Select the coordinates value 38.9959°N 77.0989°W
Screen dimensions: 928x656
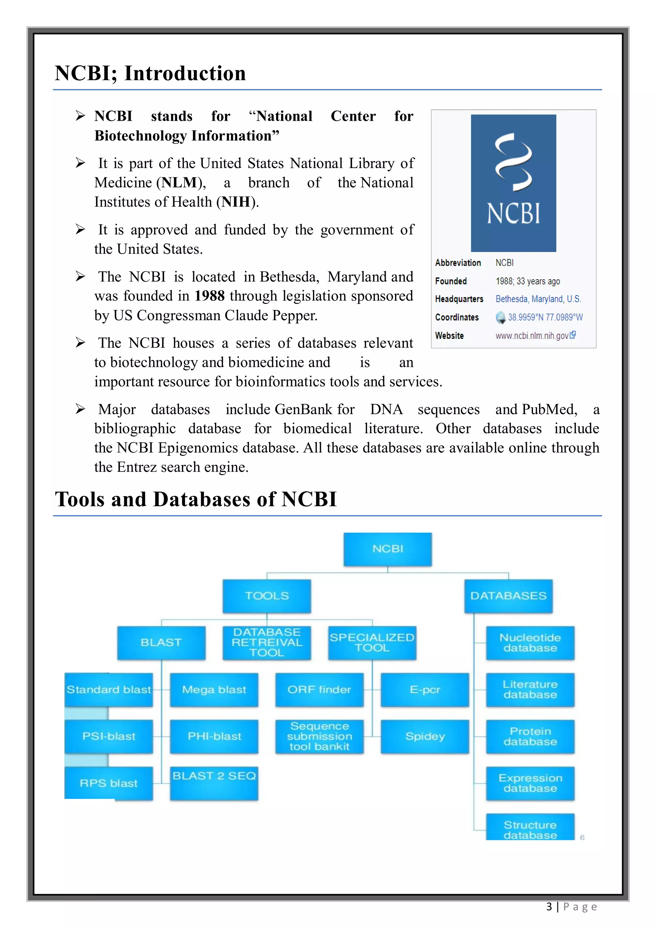click(545, 317)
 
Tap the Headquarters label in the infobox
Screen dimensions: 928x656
click(459, 299)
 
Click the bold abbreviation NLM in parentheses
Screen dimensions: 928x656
click(179, 183)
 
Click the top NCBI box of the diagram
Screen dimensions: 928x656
click(387, 549)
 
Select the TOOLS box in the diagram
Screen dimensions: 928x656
click(267, 596)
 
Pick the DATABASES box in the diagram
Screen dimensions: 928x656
click(508, 596)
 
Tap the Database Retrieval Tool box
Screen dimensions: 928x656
click(267, 642)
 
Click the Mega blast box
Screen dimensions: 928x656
click(214, 690)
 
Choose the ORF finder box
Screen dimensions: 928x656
click(319, 690)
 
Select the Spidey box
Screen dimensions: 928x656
click(424, 736)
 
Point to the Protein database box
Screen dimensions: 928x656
click(530, 736)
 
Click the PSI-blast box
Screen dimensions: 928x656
click(109, 736)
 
